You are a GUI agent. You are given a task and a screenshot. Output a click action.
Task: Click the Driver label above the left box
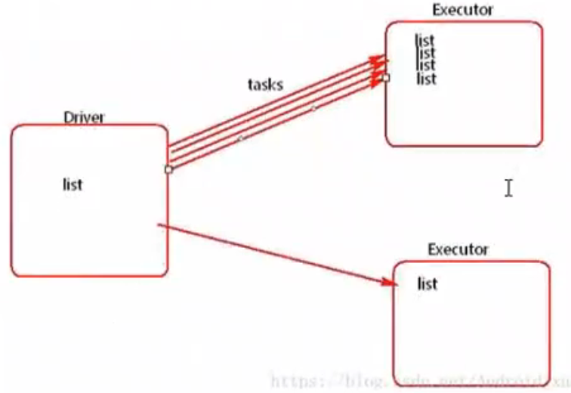(x=84, y=117)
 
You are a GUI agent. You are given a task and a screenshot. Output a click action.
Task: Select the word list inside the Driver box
(x=73, y=184)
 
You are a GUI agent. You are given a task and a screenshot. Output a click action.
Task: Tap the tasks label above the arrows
(x=265, y=84)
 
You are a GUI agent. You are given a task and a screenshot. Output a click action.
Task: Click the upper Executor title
(x=462, y=10)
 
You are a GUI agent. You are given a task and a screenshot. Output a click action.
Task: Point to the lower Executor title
(x=458, y=249)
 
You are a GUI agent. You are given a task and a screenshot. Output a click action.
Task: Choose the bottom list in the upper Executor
(x=427, y=78)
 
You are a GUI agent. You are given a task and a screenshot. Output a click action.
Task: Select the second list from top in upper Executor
(x=426, y=53)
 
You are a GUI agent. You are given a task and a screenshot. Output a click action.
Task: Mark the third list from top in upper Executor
(x=426, y=65)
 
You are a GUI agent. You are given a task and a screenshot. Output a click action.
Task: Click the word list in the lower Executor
(x=427, y=284)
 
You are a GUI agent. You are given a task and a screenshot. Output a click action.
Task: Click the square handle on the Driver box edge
(x=168, y=169)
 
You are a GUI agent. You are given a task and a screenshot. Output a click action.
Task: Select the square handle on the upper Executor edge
(x=386, y=77)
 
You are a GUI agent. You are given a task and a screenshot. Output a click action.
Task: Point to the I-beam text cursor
(x=508, y=187)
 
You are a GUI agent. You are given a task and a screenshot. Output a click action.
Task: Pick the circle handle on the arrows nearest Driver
(x=240, y=138)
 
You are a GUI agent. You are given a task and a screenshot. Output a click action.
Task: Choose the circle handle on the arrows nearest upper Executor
(x=314, y=108)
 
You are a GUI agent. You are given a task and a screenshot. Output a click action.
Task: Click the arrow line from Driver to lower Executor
(x=272, y=252)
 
